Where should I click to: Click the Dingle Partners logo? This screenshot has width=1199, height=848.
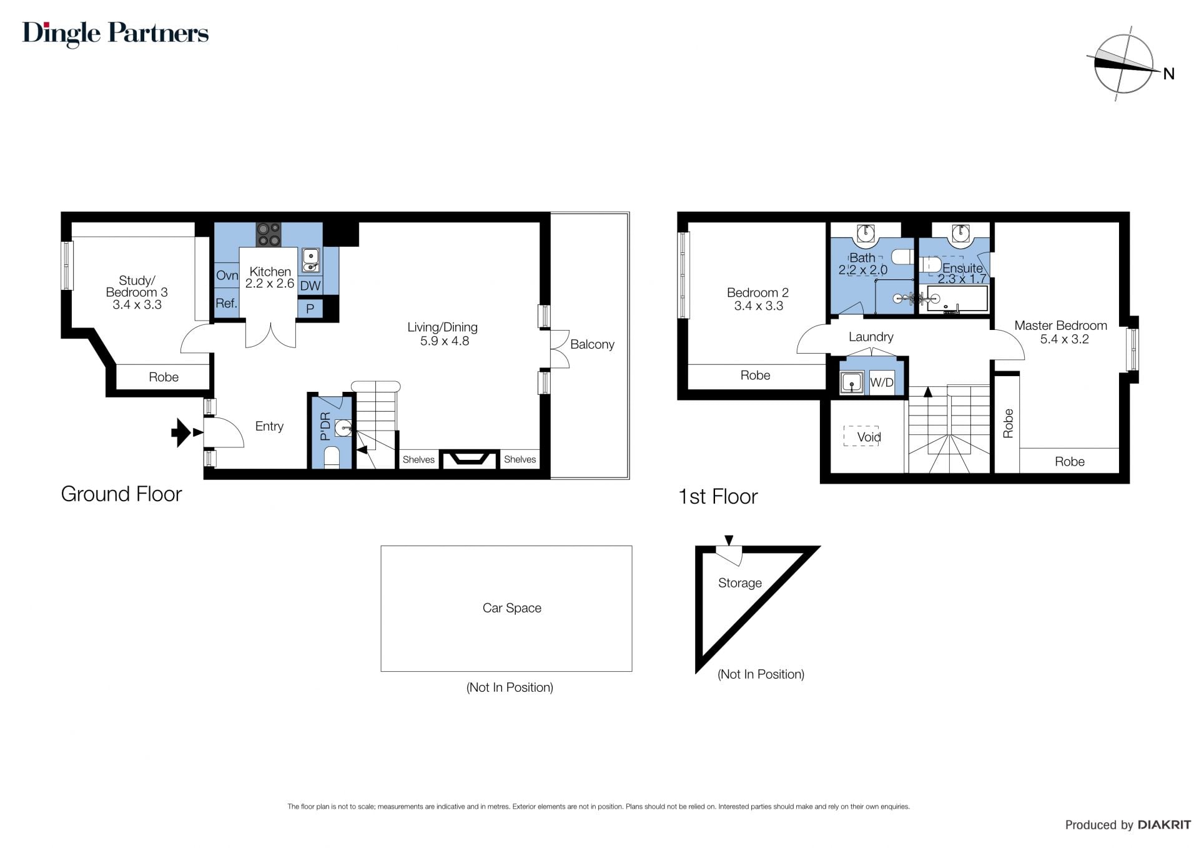[x=116, y=34]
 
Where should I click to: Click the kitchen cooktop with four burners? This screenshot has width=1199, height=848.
[x=269, y=234]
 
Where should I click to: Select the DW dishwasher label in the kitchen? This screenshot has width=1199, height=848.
[x=310, y=286]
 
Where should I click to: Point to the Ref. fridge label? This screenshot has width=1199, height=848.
[x=226, y=304]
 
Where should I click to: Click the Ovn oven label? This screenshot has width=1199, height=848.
[x=227, y=276]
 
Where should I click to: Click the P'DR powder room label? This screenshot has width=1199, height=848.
[x=325, y=426]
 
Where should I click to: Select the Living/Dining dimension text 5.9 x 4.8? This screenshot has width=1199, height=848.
[x=444, y=341]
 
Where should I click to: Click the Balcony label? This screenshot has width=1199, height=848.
[x=592, y=344]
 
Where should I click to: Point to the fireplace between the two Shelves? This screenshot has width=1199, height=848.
[x=470, y=459]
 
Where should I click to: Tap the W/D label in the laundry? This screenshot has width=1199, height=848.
[x=882, y=382]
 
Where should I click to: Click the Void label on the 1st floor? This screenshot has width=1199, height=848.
[x=869, y=437]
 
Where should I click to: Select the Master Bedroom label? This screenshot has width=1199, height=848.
[x=1060, y=326]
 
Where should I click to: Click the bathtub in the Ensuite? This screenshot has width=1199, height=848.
[x=957, y=299]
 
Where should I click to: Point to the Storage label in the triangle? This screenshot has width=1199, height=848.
[x=740, y=583]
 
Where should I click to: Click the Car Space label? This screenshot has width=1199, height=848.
[x=512, y=608]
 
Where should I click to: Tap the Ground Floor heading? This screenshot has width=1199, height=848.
[x=121, y=494]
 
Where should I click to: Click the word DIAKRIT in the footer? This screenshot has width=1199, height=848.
[x=1164, y=825]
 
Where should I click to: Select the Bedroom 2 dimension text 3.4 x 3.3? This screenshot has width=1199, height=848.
[x=759, y=306]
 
